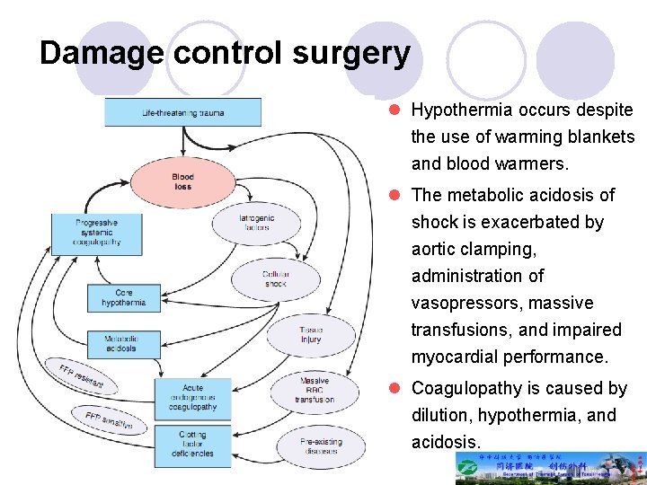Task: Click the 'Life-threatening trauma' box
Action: pyautogui.click(x=183, y=112)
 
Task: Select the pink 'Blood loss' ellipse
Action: pyautogui.click(x=182, y=181)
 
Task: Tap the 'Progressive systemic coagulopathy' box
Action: pyautogui.click(x=97, y=232)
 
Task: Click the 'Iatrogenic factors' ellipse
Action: pyautogui.click(x=257, y=223)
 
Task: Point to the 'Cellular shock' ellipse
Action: pyautogui.click(x=275, y=278)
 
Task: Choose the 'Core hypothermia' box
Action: pyautogui.click(x=124, y=298)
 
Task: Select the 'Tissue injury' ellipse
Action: pyautogui.click(x=312, y=334)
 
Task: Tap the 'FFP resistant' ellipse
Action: pyautogui.click(x=82, y=377)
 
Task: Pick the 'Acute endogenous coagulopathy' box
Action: pyautogui.click(x=192, y=396)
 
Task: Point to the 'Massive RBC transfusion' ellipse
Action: pyautogui.click(x=314, y=390)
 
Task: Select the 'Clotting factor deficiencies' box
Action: pyautogui.click(x=192, y=444)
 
